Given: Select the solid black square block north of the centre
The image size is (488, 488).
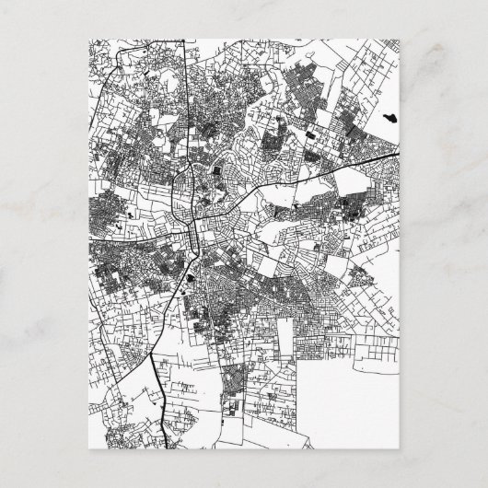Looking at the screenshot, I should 217,169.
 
